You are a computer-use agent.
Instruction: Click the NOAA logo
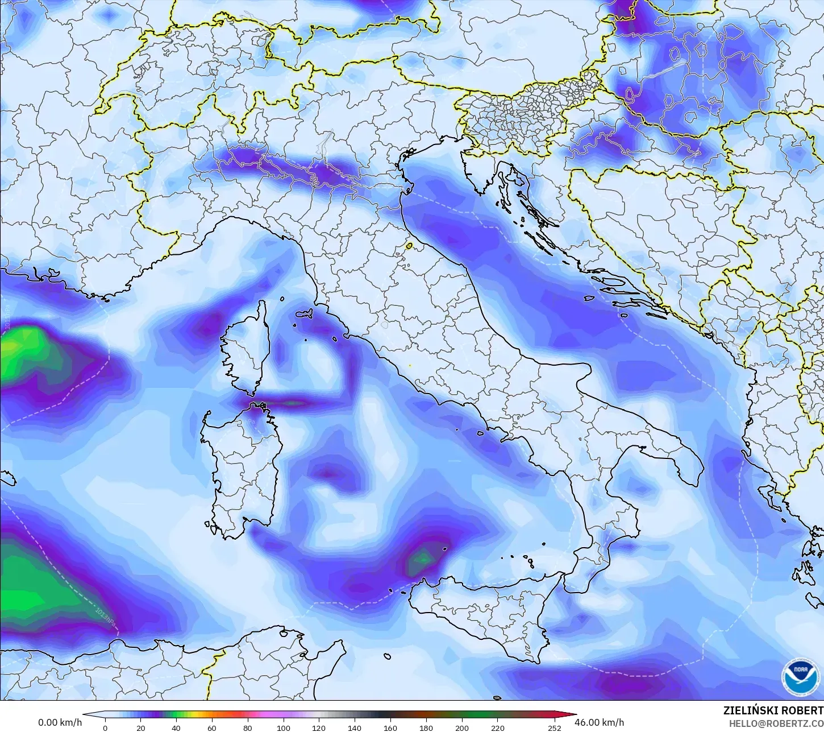click(801, 677)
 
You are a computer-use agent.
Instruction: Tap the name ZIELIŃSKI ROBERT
click(773, 710)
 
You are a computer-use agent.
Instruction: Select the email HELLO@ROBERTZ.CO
click(776, 723)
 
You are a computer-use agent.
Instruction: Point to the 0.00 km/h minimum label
click(60, 722)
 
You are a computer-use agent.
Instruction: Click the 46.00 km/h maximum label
click(599, 722)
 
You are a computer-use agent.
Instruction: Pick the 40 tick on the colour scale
click(176, 727)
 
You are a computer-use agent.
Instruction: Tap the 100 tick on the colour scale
click(283, 727)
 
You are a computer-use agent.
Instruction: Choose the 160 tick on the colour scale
click(390, 727)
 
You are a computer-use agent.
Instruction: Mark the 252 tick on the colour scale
click(555, 727)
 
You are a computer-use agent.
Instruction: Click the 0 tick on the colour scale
click(105, 727)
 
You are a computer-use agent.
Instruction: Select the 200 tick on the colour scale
click(462, 727)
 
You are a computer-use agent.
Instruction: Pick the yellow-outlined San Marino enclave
click(409, 246)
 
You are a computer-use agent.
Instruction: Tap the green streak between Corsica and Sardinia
click(293, 403)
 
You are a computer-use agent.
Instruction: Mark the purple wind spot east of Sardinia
click(328, 472)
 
